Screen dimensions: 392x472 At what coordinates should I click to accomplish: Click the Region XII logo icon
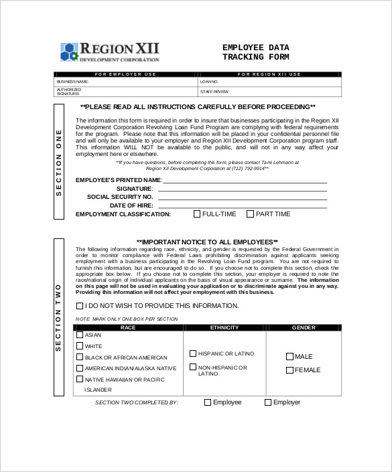click(70, 51)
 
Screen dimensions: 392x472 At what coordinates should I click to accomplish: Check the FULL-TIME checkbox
click(197, 214)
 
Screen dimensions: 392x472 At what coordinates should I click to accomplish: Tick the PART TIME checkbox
click(251, 214)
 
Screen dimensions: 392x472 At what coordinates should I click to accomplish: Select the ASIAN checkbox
click(80, 335)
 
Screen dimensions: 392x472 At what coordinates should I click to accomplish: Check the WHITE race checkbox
click(80, 346)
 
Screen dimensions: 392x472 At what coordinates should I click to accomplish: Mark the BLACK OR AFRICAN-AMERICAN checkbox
click(80, 357)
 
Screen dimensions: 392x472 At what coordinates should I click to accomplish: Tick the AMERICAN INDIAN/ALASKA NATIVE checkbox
click(80, 368)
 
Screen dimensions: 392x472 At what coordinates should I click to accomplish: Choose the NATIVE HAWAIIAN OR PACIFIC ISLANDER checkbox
click(80, 380)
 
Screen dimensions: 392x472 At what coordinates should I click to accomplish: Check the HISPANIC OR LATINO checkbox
click(193, 353)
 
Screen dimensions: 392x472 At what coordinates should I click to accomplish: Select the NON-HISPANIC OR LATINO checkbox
click(193, 368)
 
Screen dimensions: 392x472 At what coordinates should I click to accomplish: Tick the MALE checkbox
click(289, 357)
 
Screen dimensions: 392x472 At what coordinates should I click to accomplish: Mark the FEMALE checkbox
click(289, 370)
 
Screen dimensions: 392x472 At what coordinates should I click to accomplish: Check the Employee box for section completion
click(208, 402)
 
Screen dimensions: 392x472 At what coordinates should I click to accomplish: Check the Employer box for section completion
click(268, 402)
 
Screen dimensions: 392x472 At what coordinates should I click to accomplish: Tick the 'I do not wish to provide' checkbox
click(80, 305)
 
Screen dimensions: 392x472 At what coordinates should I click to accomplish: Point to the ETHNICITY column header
click(224, 327)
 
